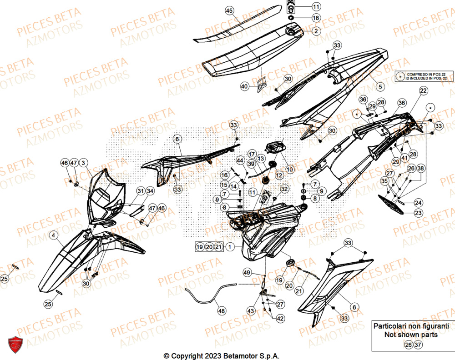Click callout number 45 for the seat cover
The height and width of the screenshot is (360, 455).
tap(229, 10)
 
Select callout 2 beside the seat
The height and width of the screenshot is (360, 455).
tap(316, 31)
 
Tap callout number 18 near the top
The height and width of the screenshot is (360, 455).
tap(316, 18)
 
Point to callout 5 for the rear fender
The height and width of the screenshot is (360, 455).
tap(380, 85)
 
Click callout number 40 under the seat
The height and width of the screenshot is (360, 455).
tap(244, 86)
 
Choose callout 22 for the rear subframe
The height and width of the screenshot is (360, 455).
tap(423, 91)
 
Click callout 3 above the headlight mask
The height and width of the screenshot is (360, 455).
tap(84, 163)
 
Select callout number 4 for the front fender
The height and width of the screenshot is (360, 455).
tap(54, 235)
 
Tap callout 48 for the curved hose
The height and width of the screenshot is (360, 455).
tap(221, 311)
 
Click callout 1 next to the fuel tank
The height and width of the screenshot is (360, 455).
tap(230, 247)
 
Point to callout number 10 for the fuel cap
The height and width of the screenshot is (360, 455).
tap(290, 169)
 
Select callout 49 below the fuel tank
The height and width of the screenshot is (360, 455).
tap(247, 273)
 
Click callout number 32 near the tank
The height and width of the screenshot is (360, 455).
tap(284, 189)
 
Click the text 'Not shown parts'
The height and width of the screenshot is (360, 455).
tap(411, 335)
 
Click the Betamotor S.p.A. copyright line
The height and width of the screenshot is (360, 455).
tap(221, 355)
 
